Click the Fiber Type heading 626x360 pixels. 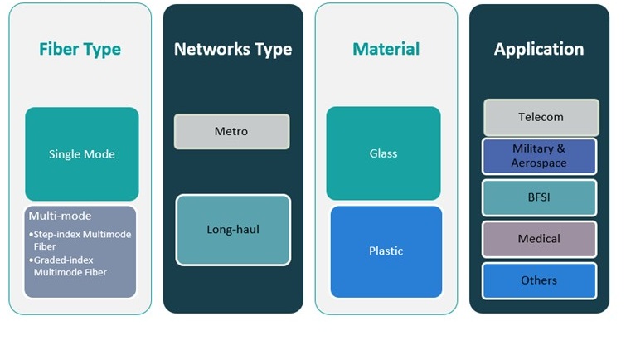tap(80, 49)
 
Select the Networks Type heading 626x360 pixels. tap(233, 49)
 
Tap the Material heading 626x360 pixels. tap(386, 49)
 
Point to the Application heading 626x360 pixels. tap(539, 49)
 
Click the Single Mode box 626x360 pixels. tap(81, 154)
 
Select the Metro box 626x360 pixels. tap(231, 131)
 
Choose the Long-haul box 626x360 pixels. tap(233, 230)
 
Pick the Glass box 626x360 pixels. tap(383, 153)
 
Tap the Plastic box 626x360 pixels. tap(386, 251)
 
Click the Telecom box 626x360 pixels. tap(541, 117)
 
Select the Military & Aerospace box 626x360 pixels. tap(539, 156)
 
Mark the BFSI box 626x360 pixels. tap(539, 197)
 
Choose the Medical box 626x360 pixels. tap(539, 239)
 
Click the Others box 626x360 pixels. tap(539, 280)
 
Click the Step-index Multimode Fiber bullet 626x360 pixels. tap(81, 240)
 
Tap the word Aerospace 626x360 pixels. tap(539, 163)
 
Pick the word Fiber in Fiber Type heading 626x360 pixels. tap(59, 49)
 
